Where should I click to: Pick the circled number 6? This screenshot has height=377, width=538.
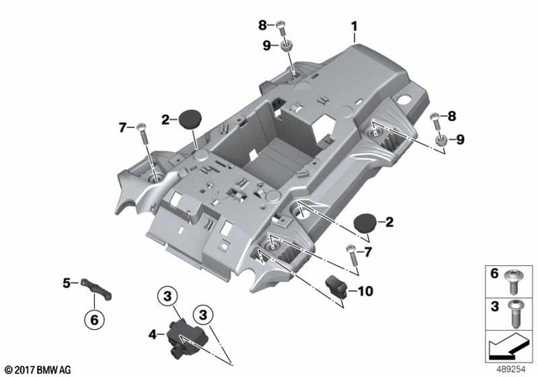coord(94,319)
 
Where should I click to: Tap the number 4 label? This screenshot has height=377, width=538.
coord(152,334)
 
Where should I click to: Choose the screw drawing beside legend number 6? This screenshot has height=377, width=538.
coord(514,276)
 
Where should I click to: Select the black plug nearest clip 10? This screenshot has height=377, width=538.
coord(364,223)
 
